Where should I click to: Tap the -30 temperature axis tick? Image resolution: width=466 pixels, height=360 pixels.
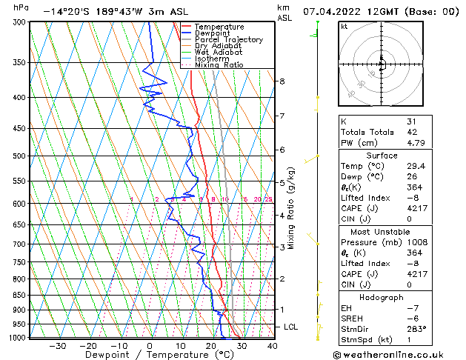click(57, 345)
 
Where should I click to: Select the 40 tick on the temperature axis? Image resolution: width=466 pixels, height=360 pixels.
click(272, 345)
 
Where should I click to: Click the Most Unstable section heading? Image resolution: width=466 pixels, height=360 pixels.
click(382, 231)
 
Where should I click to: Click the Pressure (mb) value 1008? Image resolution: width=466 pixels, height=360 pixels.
click(416, 242)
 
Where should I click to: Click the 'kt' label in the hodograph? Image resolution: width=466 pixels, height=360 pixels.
click(344, 27)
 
